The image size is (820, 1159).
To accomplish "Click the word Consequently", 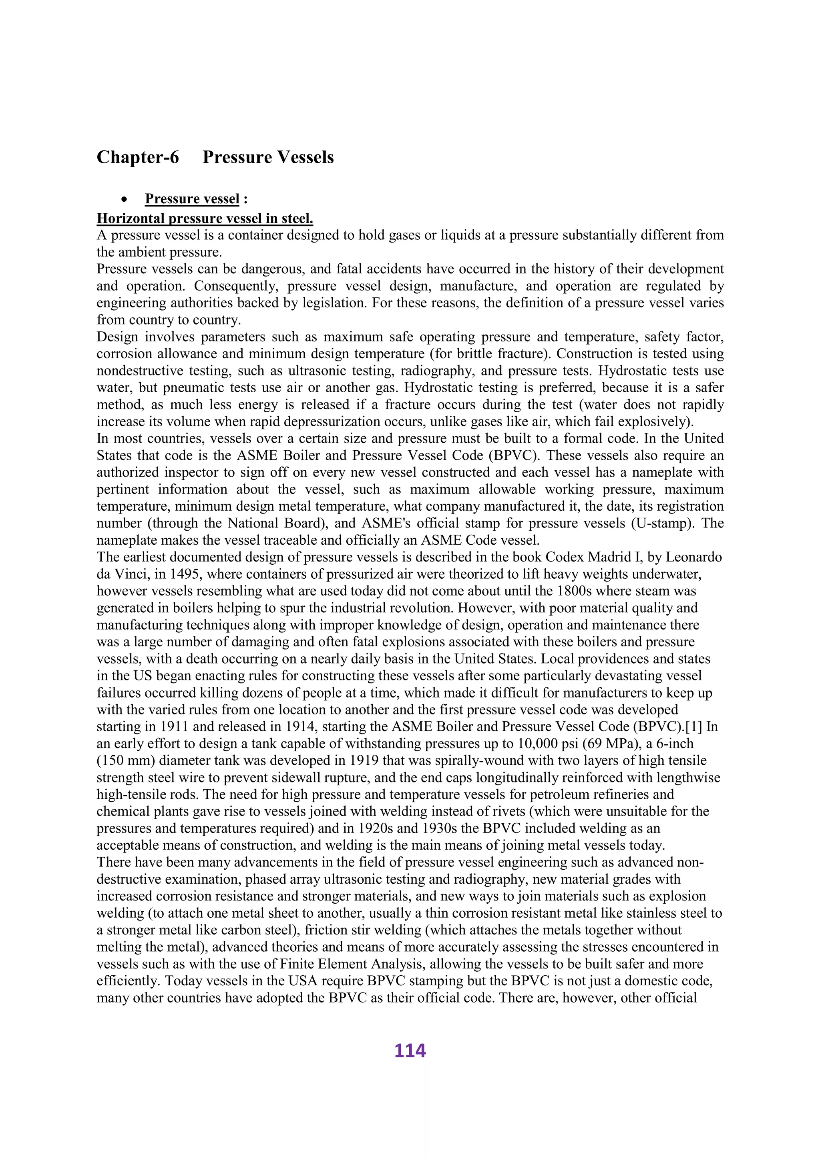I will tap(236, 286).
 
